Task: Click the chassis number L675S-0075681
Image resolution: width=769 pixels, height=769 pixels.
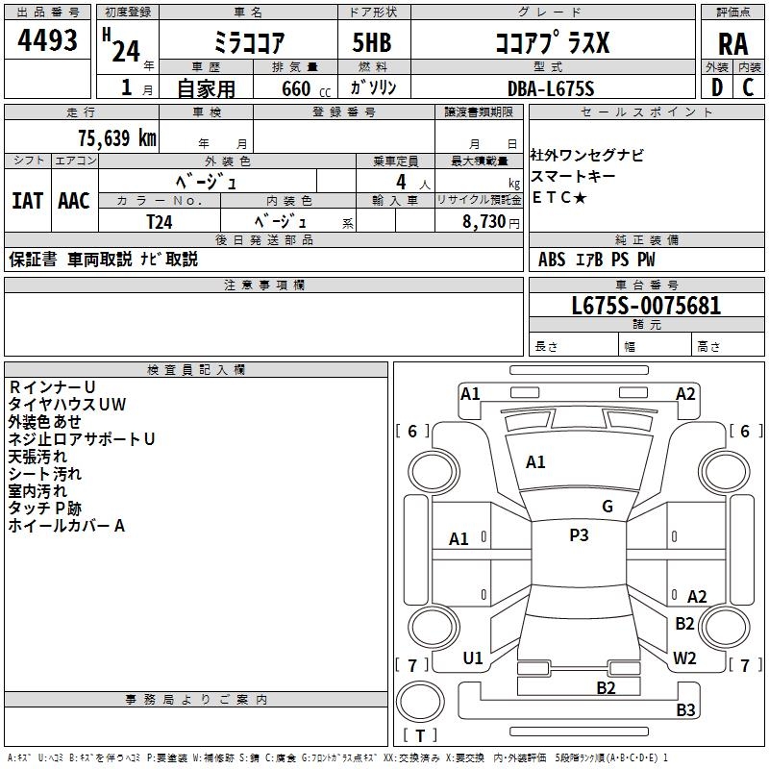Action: tap(646, 306)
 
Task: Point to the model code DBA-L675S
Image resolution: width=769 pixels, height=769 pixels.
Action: tap(551, 87)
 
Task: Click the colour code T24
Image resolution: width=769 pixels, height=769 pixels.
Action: tap(160, 220)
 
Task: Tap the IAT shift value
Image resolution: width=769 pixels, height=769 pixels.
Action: tap(27, 201)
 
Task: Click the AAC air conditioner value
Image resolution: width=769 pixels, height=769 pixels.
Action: tap(74, 201)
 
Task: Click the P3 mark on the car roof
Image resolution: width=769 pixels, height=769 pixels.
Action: tap(579, 535)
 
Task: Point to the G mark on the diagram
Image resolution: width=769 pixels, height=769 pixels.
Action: tap(608, 506)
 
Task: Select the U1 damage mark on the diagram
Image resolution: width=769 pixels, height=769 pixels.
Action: tap(473, 658)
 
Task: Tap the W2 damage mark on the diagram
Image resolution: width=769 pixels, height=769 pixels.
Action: tap(684, 658)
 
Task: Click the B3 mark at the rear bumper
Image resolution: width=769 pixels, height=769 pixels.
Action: tap(685, 710)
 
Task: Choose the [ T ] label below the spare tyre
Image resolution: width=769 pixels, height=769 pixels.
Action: tap(420, 736)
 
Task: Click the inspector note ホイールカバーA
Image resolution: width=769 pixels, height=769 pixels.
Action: tap(67, 526)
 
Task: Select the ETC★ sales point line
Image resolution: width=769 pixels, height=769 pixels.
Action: tap(559, 197)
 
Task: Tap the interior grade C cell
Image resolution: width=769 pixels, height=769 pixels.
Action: tap(748, 87)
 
